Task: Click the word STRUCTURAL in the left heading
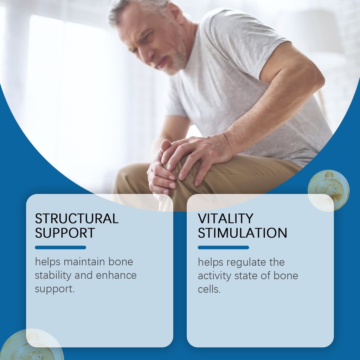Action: [77, 218]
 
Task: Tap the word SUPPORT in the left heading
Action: [65, 233]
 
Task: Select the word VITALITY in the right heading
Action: [225, 218]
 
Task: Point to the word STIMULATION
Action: [243, 233]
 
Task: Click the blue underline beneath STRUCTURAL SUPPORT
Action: [60, 247]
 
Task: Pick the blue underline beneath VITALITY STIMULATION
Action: [223, 247]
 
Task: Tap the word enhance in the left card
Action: [116, 275]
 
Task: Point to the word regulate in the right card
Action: [246, 262]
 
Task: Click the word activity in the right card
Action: [214, 276]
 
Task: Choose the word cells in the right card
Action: [209, 289]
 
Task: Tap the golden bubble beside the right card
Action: [329, 191]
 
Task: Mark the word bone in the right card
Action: [285, 276]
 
